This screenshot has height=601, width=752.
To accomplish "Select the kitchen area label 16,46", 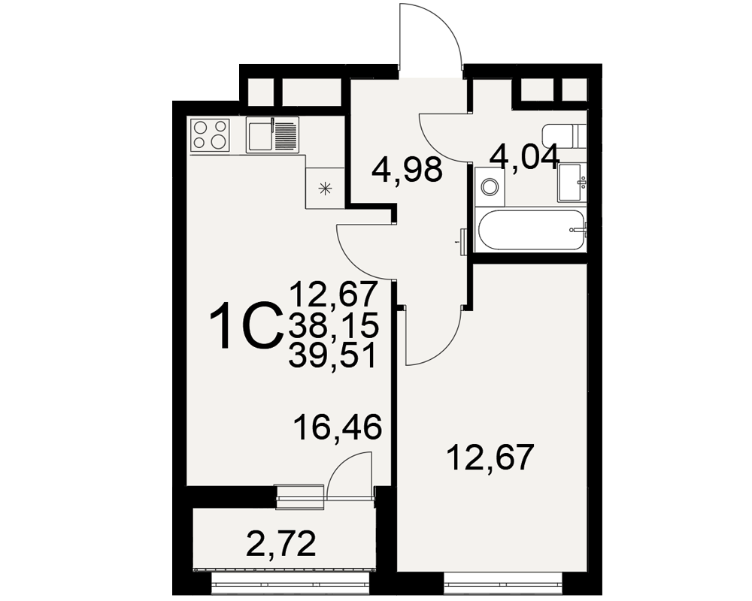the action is [x=339, y=427].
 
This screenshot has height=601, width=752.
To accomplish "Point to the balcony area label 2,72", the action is [x=280, y=544].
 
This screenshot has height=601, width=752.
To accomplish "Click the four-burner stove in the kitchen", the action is [x=210, y=134].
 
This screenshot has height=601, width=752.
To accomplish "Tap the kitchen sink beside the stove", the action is [x=272, y=134].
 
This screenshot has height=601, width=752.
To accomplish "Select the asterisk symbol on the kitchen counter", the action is [x=326, y=189].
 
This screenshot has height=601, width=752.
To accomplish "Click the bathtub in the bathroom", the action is [x=530, y=231].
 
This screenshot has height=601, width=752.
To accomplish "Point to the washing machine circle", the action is [x=490, y=186].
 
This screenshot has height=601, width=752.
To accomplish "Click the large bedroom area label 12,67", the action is [x=490, y=458].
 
